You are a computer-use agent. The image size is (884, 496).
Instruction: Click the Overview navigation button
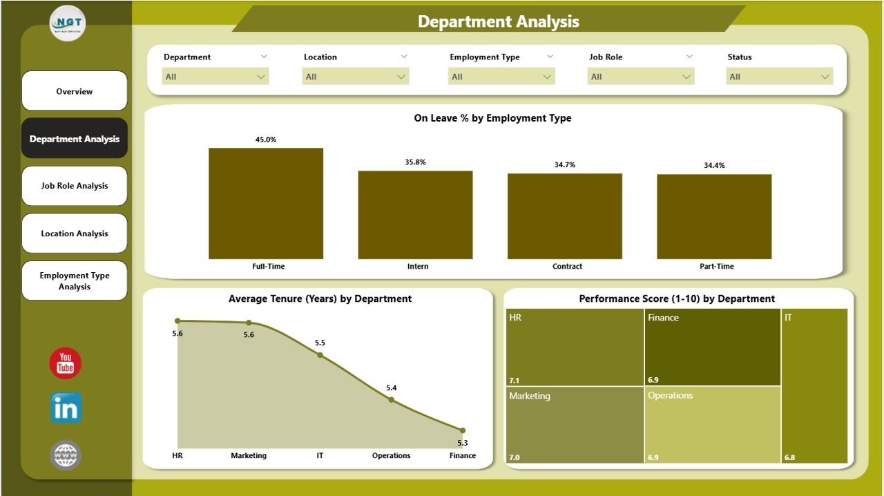click(x=75, y=91)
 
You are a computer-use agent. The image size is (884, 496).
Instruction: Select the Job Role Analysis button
click(x=75, y=186)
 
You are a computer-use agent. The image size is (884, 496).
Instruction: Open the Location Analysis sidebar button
click(x=75, y=233)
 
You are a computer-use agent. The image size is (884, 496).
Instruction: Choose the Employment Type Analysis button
click(x=75, y=280)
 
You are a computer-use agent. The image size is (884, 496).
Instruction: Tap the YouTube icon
click(x=66, y=363)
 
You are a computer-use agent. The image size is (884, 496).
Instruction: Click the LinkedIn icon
click(x=66, y=408)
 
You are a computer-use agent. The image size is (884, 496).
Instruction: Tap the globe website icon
click(x=66, y=455)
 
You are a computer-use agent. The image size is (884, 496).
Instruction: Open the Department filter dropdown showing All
click(x=215, y=77)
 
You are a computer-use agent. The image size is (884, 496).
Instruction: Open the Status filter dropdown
click(x=780, y=77)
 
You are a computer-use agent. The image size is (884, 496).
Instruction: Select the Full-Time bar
click(x=266, y=204)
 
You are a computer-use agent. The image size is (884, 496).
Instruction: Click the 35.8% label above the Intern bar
click(x=415, y=162)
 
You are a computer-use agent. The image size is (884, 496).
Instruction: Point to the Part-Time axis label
click(x=716, y=267)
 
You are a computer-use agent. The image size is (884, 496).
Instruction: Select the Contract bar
click(x=564, y=216)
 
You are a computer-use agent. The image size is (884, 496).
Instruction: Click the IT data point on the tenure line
click(x=320, y=355)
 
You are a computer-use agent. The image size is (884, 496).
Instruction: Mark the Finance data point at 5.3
click(x=463, y=430)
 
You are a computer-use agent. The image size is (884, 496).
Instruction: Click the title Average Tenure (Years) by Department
click(x=320, y=299)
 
